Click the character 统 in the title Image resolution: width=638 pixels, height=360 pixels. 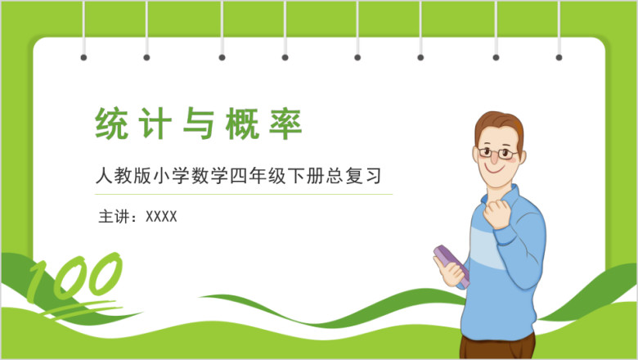coord(111,124)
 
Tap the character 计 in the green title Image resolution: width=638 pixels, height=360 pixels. coord(155,124)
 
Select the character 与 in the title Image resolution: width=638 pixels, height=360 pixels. coord(199,124)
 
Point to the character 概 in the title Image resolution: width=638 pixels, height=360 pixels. coord(242,124)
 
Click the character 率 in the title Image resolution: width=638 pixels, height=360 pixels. coord(285,124)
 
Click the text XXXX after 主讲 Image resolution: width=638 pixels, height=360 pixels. coord(161,216)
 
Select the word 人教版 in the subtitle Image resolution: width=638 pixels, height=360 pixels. coord(124,176)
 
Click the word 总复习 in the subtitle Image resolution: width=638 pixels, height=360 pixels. coord(354,176)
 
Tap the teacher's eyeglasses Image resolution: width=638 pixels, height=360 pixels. coord(497,153)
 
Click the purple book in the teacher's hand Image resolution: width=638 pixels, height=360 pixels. coord(452,264)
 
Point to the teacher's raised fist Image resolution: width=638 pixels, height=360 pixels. coord(497,213)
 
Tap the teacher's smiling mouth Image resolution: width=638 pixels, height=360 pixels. coord(494,169)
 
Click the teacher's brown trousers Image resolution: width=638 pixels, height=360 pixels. coord(497,347)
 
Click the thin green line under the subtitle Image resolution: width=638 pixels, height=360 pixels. coord(244,195)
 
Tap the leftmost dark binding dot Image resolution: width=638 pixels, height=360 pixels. coord(83,57)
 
